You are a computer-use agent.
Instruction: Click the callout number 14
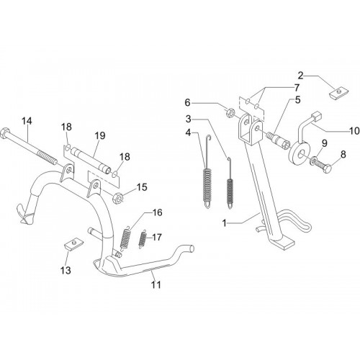27,121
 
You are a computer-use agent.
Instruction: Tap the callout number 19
100,135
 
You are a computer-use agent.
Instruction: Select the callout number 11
156,284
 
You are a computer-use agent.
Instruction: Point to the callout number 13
66,270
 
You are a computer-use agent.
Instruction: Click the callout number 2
301,76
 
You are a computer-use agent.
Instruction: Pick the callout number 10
354,131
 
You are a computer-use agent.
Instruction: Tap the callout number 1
225,223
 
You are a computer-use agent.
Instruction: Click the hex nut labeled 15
118,198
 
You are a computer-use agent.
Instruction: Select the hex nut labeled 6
231,112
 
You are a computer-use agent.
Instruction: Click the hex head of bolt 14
5,132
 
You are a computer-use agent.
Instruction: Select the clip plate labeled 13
73,244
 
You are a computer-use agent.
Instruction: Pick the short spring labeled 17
143,240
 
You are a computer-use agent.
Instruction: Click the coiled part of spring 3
230,189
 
